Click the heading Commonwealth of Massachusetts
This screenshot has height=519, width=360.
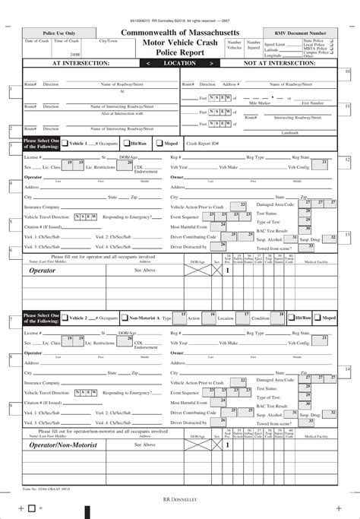(179, 33)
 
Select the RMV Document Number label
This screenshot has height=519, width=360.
(307, 33)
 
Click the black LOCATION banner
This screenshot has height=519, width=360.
(179, 64)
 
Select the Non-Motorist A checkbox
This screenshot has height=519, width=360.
(124, 317)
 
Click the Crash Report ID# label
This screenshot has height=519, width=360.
(204, 143)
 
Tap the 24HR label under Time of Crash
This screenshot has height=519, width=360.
(74, 55)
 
